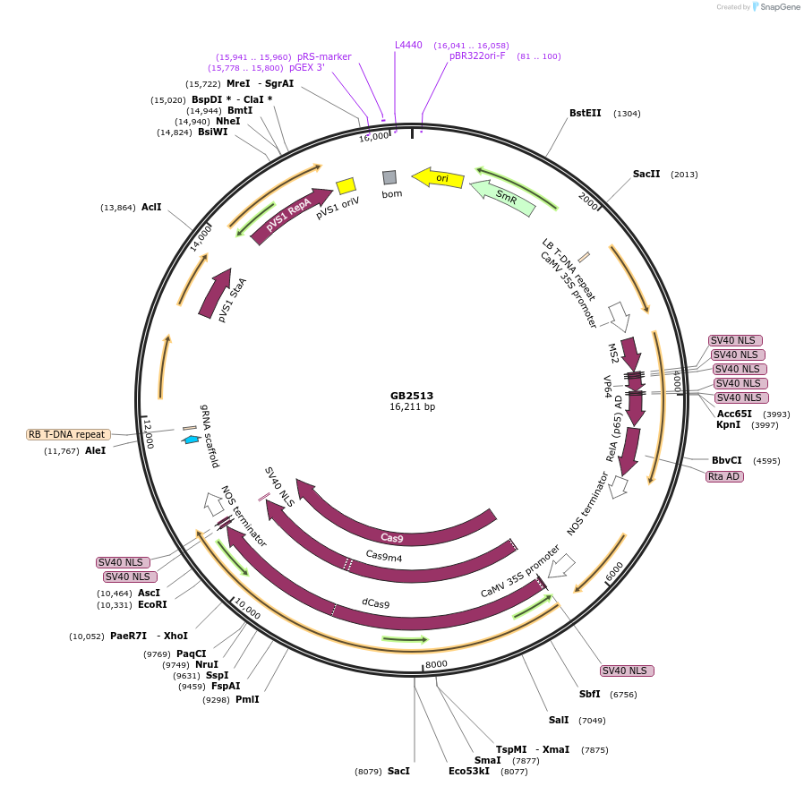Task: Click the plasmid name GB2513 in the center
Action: tap(412, 395)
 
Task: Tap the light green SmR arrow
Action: tap(503, 198)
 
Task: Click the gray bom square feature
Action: tap(389, 177)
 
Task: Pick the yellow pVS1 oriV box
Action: tap(346, 185)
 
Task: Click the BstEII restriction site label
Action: tap(586, 114)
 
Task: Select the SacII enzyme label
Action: tap(646, 174)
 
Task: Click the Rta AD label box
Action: tap(724, 476)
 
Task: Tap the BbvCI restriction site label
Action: tap(726, 461)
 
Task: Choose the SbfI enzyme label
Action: tap(589, 695)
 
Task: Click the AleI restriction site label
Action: tap(95, 450)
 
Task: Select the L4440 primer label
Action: tap(408, 44)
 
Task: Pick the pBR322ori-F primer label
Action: tap(477, 56)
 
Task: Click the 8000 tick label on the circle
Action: tap(436, 664)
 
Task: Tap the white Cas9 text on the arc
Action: tap(392, 538)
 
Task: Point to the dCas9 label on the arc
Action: tap(376, 603)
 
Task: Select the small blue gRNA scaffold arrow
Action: tap(192, 440)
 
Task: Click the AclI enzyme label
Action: tap(151, 208)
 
